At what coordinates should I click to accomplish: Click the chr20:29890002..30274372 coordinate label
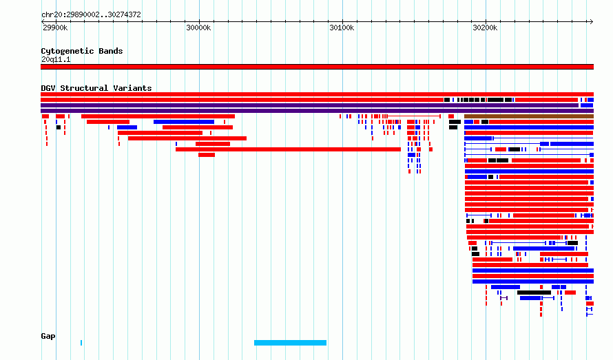tap(91, 14)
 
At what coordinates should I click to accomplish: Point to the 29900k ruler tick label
tap(55, 28)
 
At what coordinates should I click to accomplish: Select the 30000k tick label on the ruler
tap(198, 28)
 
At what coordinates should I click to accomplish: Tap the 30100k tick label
tap(342, 28)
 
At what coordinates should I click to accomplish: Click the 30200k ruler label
tap(485, 28)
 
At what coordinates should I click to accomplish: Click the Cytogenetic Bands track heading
tap(82, 51)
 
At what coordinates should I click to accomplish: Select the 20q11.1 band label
tap(56, 59)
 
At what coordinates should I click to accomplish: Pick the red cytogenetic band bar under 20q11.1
tap(317, 67)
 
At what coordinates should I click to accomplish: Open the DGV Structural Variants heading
tap(96, 88)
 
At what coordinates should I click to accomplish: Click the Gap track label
tap(48, 336)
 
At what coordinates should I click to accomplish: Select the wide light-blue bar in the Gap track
tap(290, 343)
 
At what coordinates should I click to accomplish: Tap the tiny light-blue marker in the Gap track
tap(81, 343)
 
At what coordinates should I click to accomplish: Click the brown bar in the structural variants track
tap(529, 116)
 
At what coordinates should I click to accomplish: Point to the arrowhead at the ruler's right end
tap(592, 21)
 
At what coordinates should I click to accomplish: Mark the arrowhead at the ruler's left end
tap(43, 21)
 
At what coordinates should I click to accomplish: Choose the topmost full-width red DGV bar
tap(317, 94)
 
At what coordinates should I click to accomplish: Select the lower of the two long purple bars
tap(317, 111)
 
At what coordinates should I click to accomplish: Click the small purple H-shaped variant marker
tap(504, 298)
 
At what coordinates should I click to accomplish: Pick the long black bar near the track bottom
tap(534, 293)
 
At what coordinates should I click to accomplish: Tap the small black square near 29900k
tap(59, 127)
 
